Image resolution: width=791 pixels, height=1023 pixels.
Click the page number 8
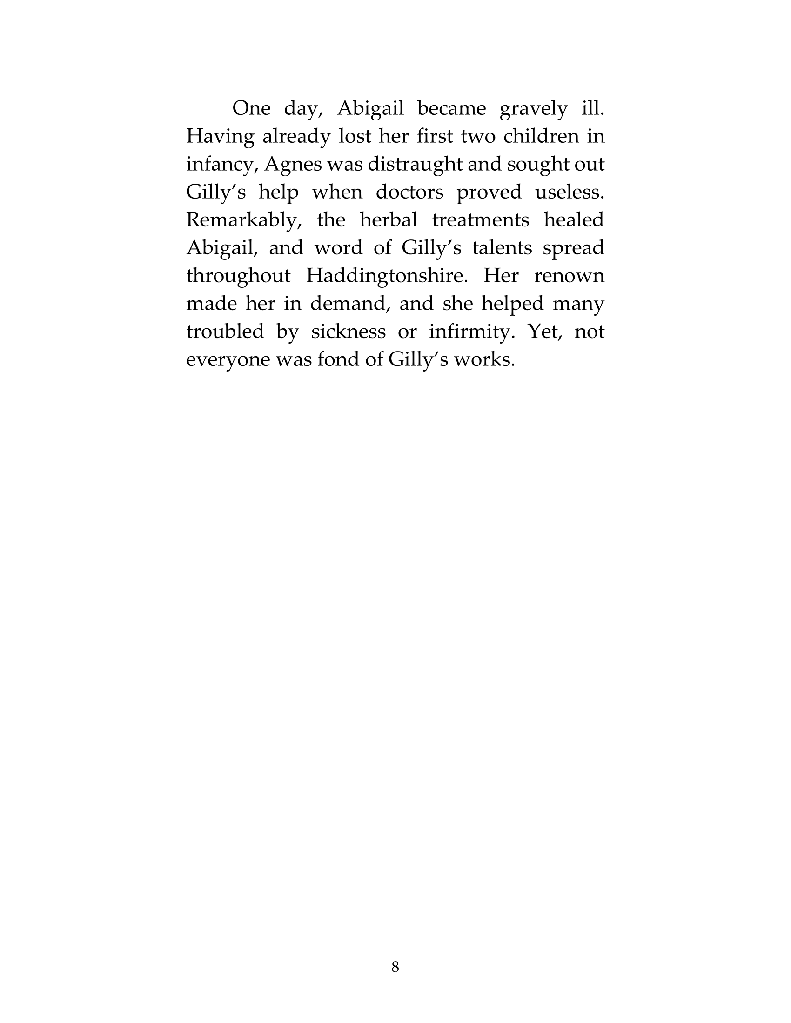tap(395, 967)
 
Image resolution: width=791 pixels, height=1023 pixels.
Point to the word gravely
tap(534, 109)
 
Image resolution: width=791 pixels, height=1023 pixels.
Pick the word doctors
tap(409, 192)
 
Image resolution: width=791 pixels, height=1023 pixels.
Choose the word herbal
tap(388, 220)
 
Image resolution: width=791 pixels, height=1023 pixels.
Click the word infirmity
tap(472, 332)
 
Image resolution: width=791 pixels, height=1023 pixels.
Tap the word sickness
tap(349, 332)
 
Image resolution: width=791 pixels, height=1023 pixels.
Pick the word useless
tap(570, 192)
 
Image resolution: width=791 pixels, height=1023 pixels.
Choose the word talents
tap(502, 248)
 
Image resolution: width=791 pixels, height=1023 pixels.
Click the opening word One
tap(252, 109)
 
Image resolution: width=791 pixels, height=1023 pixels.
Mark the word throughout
tap(239, 276)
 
